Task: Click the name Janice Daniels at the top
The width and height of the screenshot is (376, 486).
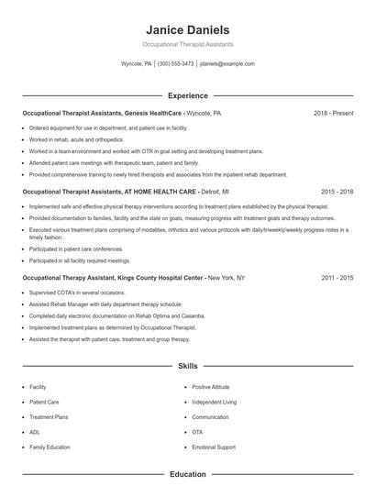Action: point(187,29)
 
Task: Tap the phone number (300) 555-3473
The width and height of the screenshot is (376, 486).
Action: point(175,64)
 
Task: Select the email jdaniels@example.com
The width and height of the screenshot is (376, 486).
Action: point(227,64)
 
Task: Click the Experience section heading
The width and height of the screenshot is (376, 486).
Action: point(187,95)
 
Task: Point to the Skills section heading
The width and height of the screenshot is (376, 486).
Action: point(187,366)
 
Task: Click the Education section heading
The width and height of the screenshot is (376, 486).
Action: point(187,474)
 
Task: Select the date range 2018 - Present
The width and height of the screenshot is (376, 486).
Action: point(333,113)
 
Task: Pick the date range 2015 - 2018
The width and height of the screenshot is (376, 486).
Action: point(337,192)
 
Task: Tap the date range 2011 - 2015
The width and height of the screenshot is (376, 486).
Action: point(337,277)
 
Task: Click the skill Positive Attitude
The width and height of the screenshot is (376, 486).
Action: point(210,387)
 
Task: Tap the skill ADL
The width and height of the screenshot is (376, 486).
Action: point(34,432)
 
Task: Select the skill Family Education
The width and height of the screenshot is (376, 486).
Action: point(50,447)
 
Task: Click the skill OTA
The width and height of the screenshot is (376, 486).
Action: point(197,432)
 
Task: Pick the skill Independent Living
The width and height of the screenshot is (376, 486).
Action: point(214,402)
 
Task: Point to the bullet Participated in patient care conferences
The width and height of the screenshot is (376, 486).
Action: point(75,249)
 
